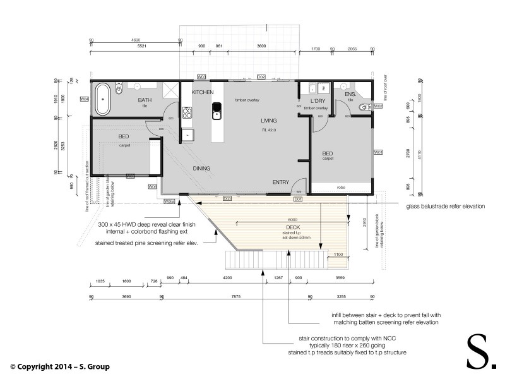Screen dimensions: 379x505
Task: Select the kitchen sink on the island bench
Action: point(216,114)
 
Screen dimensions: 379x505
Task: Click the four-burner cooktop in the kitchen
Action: point(187,114)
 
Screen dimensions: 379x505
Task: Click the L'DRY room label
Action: point(318,101)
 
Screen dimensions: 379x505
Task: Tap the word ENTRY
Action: point(280,182)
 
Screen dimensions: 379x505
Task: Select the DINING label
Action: point(202,167)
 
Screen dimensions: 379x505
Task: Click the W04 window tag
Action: point(84,99)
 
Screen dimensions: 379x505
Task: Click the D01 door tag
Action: point(298,199)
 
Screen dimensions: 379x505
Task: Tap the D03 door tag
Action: point(227,199)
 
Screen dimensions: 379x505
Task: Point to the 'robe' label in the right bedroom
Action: point(342,188)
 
